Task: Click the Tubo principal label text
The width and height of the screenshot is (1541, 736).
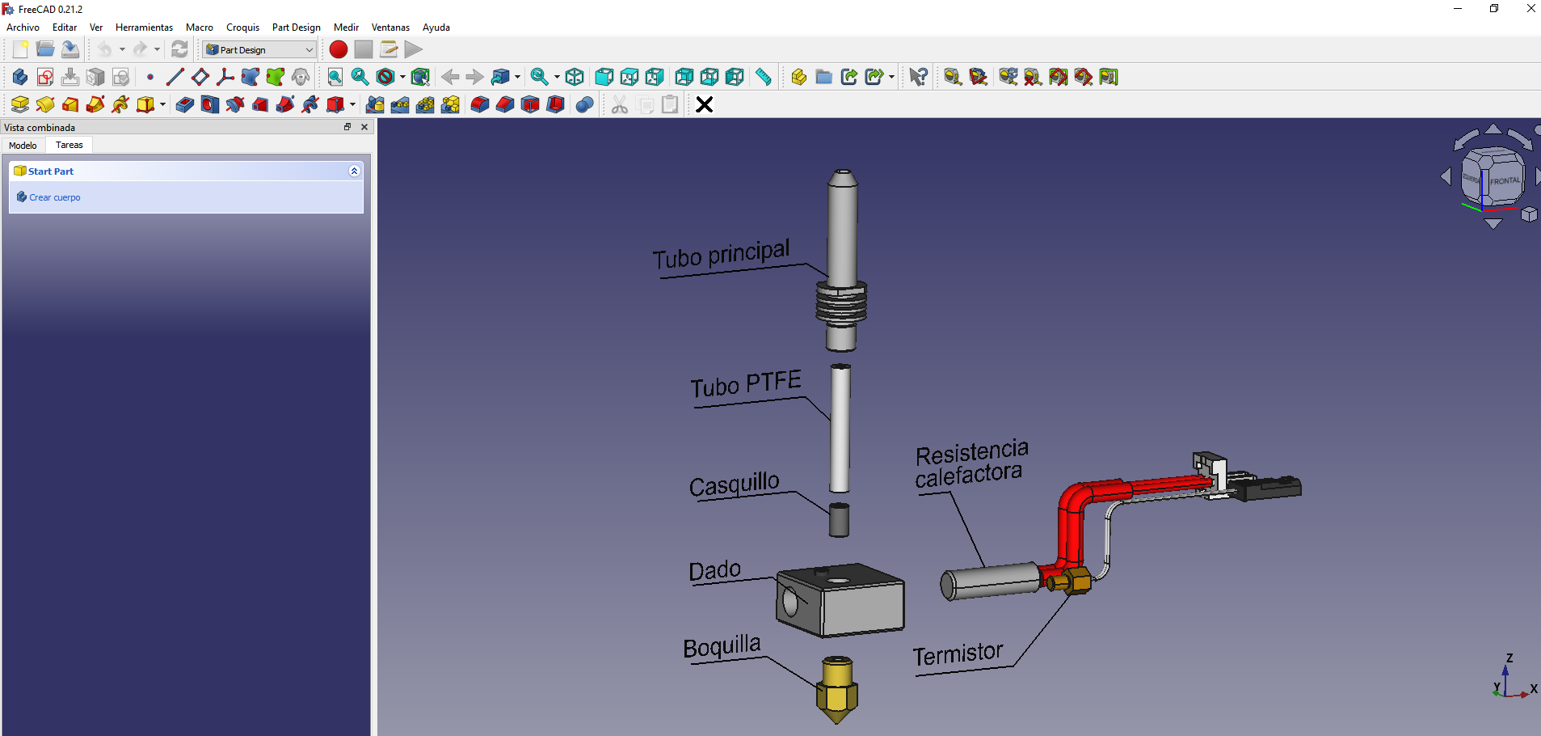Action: tap(720, 255)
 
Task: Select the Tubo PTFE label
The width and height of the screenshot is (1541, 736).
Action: tap(745, 384)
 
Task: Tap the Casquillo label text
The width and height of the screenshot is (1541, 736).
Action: tap(734, 484)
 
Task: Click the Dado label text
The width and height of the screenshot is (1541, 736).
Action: tap(714, 571)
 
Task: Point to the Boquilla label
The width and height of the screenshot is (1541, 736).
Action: tap(722, 647)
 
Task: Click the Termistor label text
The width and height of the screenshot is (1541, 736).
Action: tap(958, 654)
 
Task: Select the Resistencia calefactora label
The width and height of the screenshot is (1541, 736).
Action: tap(970, 464)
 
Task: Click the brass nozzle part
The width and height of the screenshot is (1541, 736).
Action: tap(837, 689)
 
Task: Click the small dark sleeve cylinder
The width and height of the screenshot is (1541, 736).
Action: tap(839, 519)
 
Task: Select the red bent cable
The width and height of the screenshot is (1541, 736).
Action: tap(1072, 518)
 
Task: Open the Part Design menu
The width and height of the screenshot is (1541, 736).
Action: tap(296, 27)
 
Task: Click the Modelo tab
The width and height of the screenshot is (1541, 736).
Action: tap(23, 146)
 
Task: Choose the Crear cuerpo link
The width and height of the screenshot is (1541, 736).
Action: tap(54, 197)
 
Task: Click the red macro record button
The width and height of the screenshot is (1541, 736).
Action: tap(339, 49)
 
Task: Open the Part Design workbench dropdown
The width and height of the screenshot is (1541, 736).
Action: tap(259, 49)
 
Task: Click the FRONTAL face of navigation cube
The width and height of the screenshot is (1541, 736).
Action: tap(1504, 180)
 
